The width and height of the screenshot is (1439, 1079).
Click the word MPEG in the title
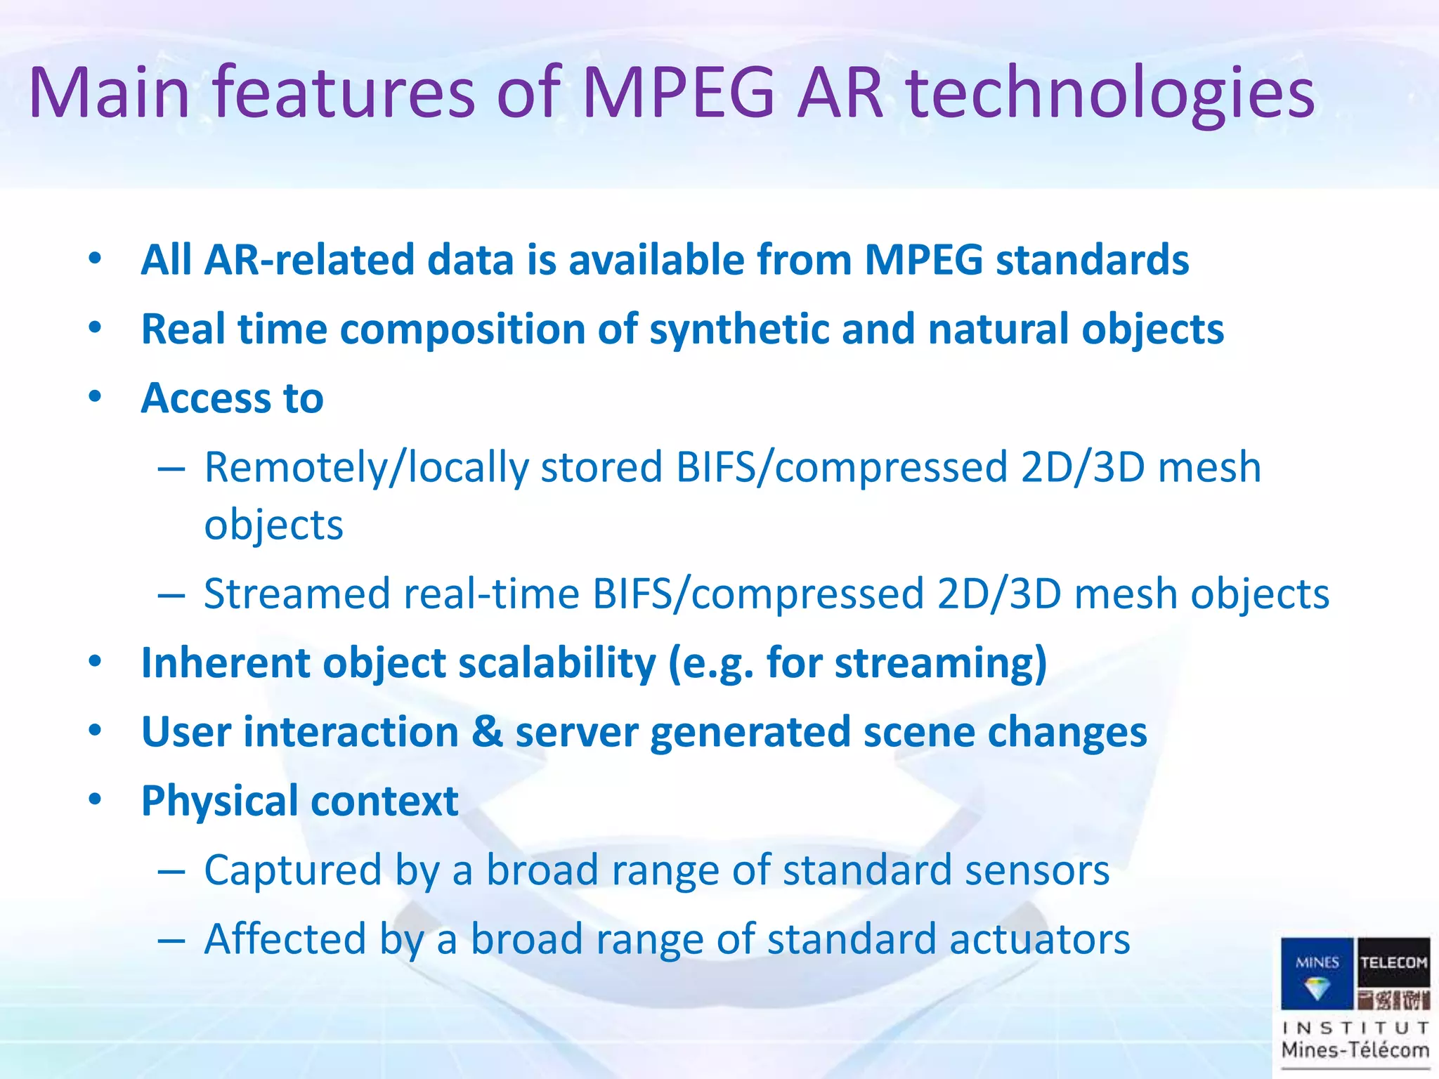click(x=679, y=93)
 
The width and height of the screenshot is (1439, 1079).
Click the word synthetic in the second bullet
click(x=738, y=330)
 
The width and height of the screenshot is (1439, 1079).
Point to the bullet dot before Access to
click(x=95, y=397)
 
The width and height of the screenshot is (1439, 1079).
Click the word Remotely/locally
click(x=366, y=468)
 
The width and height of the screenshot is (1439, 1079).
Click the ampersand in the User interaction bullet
click(x=487, y=731)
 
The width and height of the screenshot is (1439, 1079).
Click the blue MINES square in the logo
click(x=1317, y=973)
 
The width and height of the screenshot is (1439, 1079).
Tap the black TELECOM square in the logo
click(x=1393, y=962)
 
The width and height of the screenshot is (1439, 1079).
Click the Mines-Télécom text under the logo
click(x=1355, y=1051)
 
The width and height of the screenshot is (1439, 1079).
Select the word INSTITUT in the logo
click(x=1355, y=1028)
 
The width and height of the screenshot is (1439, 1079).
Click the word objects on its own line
click(x=273, y=525)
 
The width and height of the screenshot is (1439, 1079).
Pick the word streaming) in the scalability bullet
click(x=940, y=663)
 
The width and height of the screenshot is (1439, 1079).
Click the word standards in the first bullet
click(x=1092, y=260)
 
